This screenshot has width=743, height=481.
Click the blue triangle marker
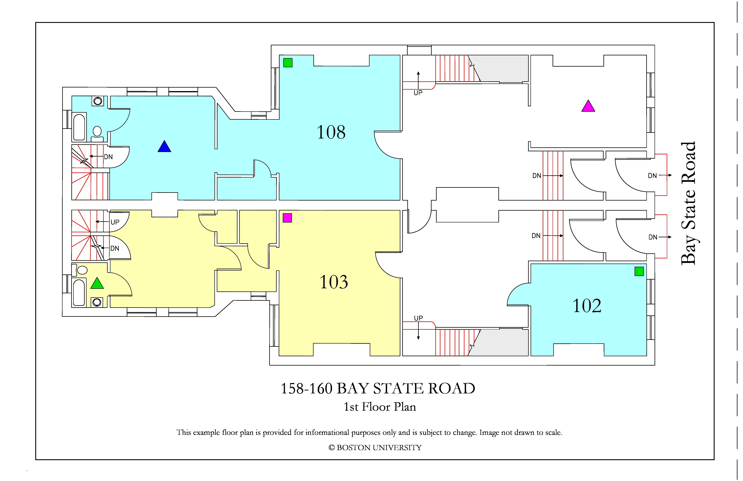[164, 146]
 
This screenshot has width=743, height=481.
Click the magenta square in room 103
[287, 218]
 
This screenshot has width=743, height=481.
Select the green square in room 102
[639, 271]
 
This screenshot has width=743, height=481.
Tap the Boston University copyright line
[375, 448]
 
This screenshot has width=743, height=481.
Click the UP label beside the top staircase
[418, 93]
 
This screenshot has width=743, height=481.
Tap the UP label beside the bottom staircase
[418, 318]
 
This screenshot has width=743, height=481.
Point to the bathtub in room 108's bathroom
[79, 127]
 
